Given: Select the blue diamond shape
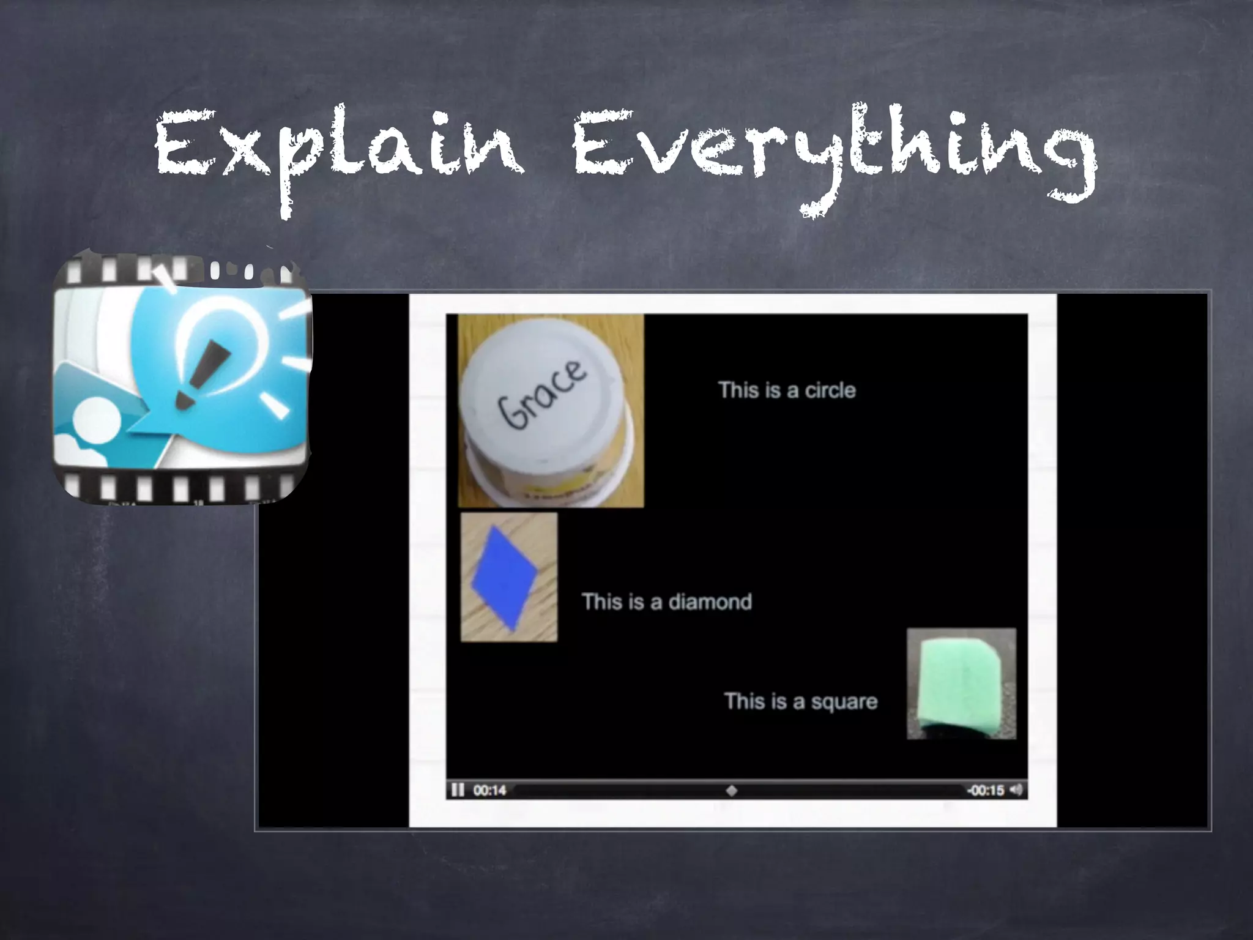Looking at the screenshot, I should pos(505,578).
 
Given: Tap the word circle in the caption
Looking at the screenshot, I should pos(830,390).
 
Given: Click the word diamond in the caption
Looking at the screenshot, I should pos(710,602).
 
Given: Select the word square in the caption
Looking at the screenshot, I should pos(844,701).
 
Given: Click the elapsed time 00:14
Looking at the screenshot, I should pos(489,790).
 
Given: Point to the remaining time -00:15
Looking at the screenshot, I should pos(985,790).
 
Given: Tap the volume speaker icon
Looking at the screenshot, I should pos(1016,789).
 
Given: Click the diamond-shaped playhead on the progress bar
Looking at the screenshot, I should pos(731,790).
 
